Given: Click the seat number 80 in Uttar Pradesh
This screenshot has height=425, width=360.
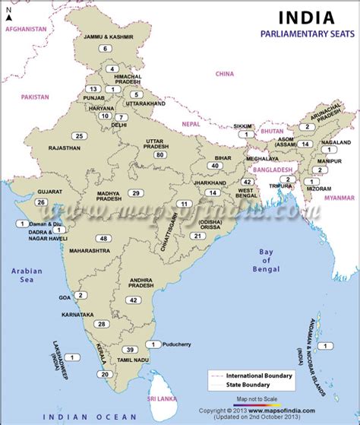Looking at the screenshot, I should tap(159, 155).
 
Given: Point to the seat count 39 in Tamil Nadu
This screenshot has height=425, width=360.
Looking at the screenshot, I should tap(131, 349).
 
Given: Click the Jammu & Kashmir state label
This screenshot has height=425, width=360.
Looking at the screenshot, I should tap(106, 36).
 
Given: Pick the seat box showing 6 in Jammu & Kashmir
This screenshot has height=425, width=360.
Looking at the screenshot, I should tap(105, 48).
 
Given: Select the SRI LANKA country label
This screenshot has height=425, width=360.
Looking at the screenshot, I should tap(162, 398).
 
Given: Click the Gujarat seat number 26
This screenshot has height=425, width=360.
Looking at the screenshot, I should tap(40, 201).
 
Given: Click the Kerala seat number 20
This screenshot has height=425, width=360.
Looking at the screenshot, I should tap(104, 373).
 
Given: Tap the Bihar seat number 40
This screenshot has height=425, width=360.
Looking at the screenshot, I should tap(216, 166).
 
